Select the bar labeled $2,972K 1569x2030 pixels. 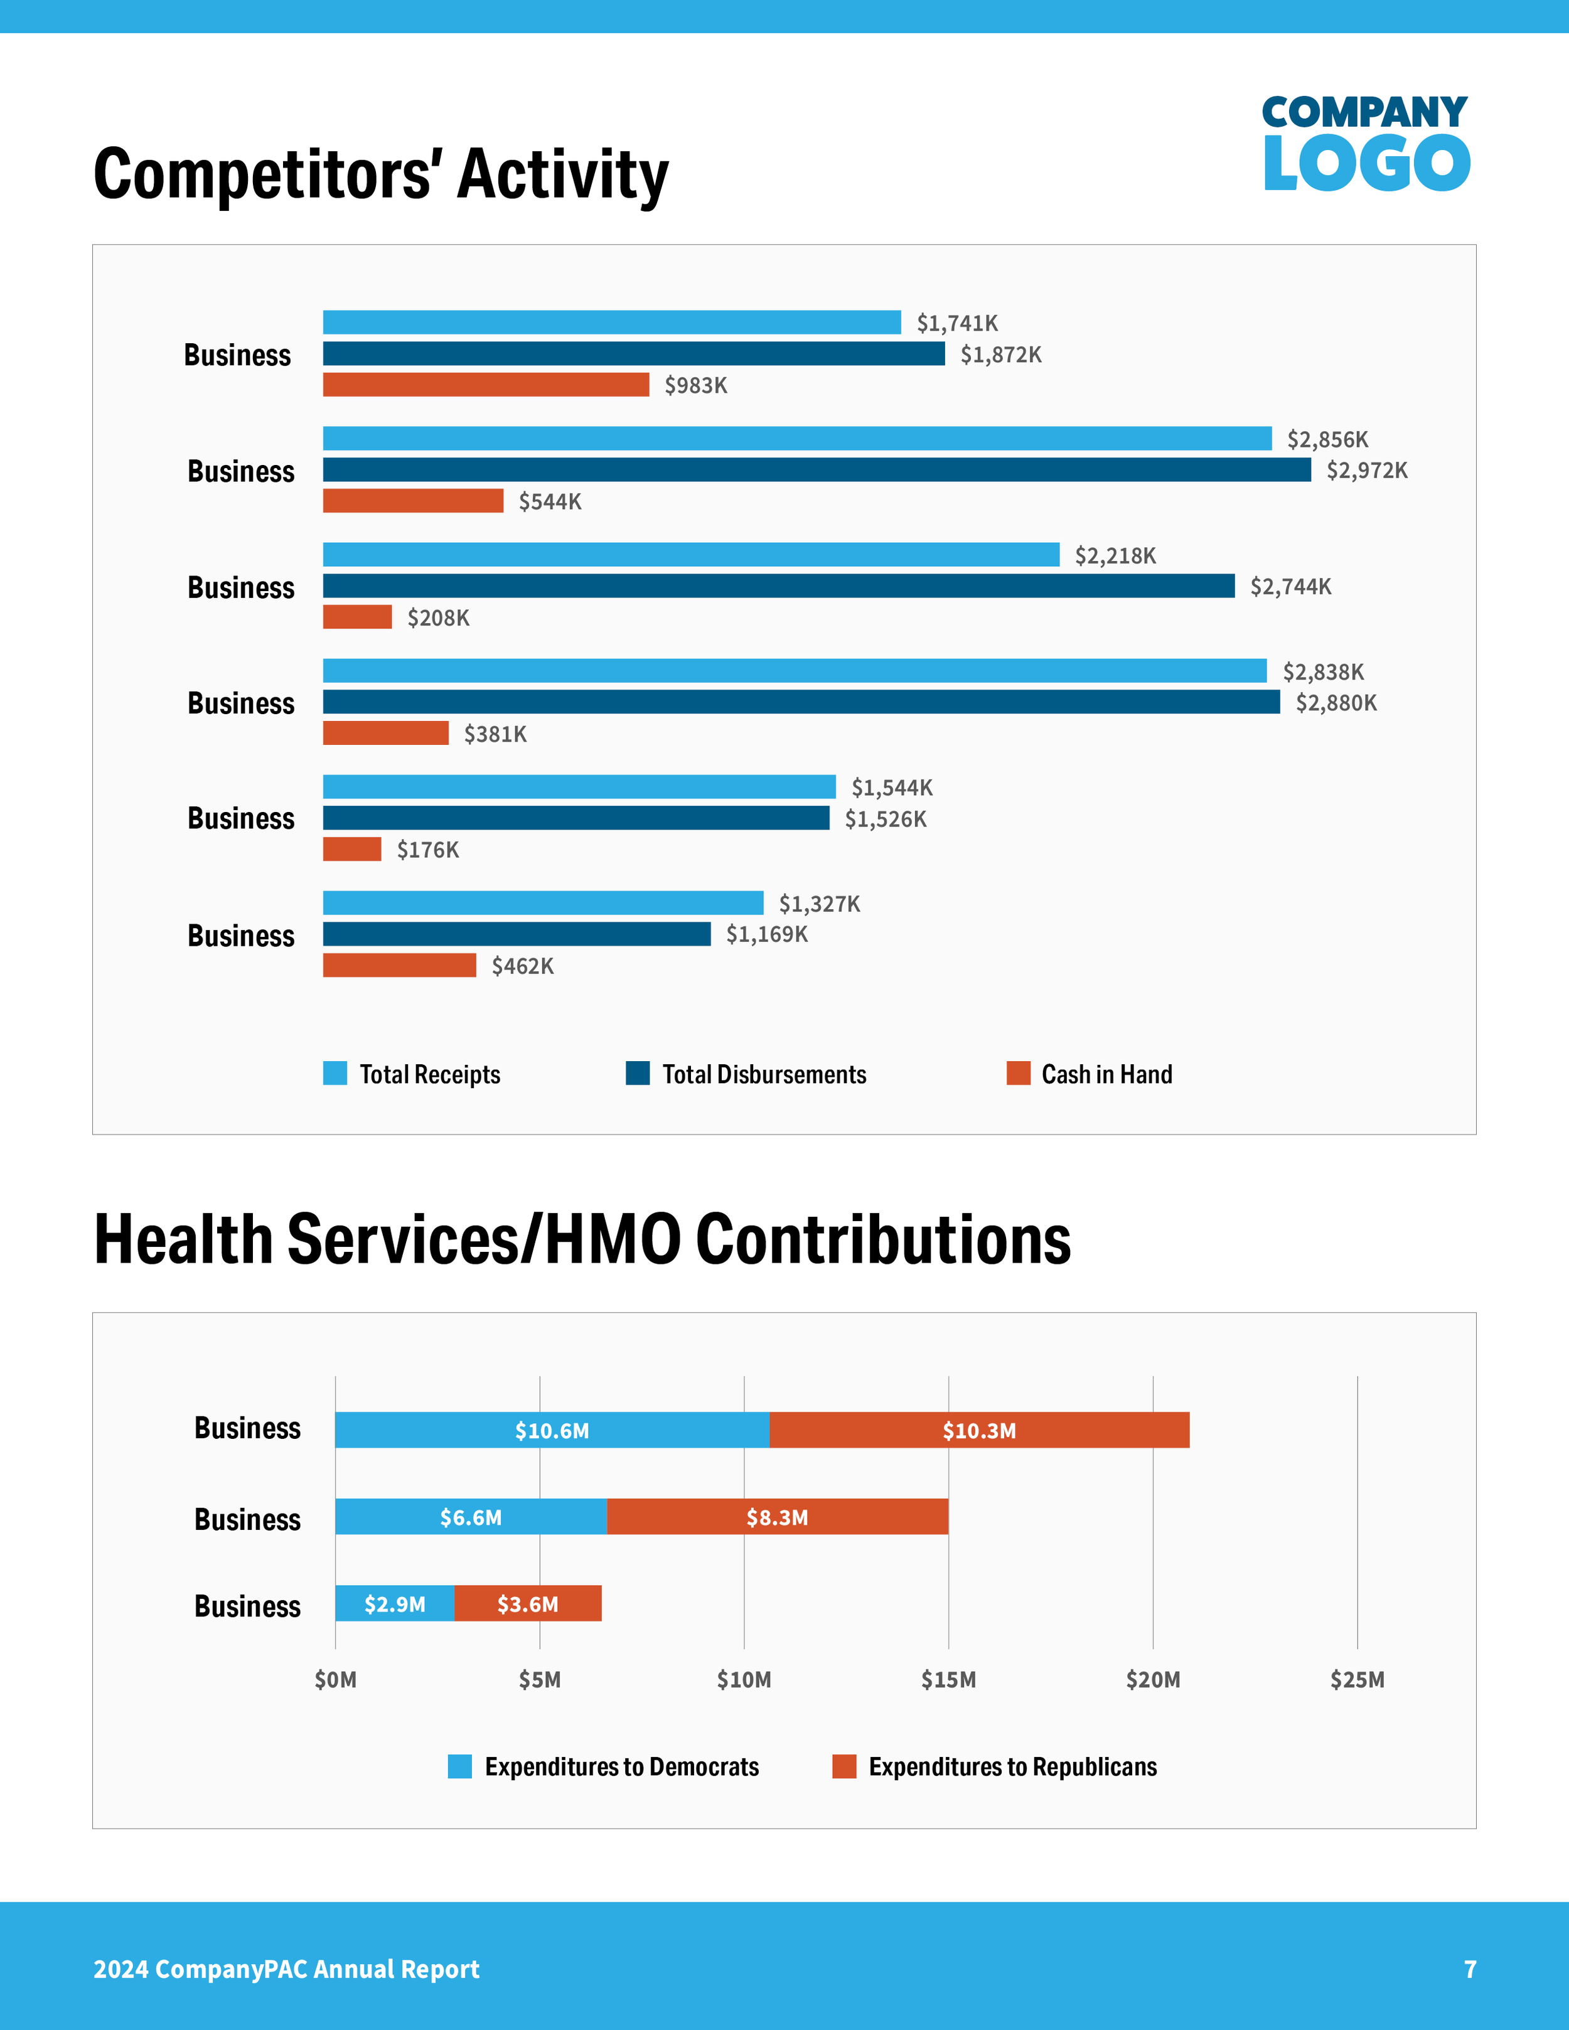tap(816, 469)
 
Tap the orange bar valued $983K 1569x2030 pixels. tap(485, 385)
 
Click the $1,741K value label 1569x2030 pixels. tap(956, 323)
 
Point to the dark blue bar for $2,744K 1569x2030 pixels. tap(778, 585)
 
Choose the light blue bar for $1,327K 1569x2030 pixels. tap(543, 902)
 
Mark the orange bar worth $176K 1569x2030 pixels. tap(351, 848)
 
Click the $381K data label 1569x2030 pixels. tap(495, 734)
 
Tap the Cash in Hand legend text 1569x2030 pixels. tap(1106, 1074)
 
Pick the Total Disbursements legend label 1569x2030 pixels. tap(763, 1074)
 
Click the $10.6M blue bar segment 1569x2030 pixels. tap(552, 1429)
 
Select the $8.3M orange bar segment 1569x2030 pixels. tap(777, 1517)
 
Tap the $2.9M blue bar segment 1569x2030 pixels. tap(394, 1603)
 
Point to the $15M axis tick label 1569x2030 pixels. tap(948, 1680)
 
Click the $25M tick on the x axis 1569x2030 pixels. tap(1357, 1680)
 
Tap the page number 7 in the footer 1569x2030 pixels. tap(1470, 1969)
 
